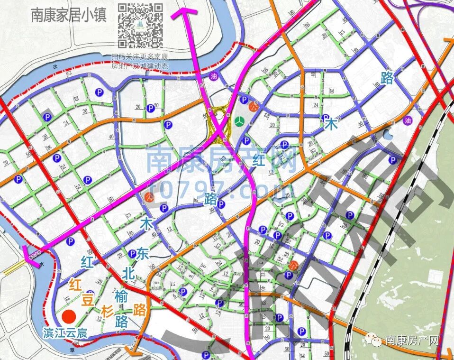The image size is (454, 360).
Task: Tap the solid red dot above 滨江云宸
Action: (71, 316)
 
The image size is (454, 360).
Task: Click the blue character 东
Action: (142, 254)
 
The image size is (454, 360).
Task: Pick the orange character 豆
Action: (89, 300)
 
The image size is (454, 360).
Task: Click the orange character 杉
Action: (107, 311)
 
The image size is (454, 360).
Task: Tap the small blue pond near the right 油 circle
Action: (388, 136)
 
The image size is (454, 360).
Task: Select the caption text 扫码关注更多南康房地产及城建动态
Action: (140, 62)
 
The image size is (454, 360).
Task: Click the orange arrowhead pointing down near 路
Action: (135, 351)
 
